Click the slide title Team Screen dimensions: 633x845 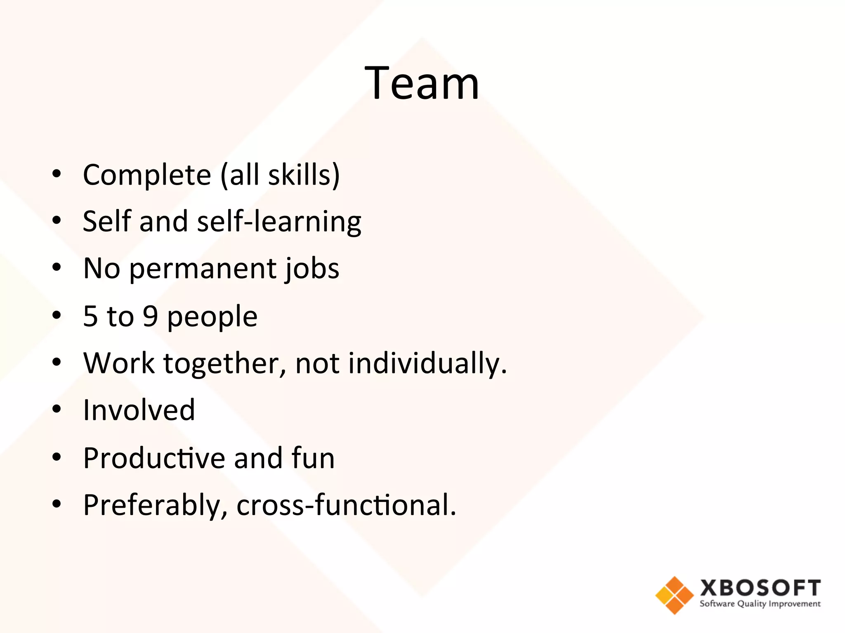pos(422,83)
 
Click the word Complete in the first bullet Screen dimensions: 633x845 pos(147,175)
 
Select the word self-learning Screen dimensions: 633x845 pos(279,222)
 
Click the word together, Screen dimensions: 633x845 pos(224,363)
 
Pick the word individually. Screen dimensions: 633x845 pos(427,363)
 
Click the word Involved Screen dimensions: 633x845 pos(139,410)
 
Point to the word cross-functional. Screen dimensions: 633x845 pos(346,505)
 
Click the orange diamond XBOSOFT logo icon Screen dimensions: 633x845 pos(674,595)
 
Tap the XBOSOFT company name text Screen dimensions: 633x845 pos(760,588)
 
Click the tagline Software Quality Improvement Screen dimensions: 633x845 pos(760,604)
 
